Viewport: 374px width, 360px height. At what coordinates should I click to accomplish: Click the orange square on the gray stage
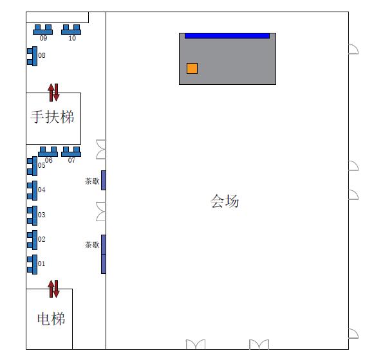tap(192, 68)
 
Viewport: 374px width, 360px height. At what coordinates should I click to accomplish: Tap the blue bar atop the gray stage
tap(227, 36)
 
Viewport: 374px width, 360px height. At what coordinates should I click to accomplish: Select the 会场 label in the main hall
tap(225, 201)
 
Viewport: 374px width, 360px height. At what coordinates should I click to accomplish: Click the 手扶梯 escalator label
tap(52, 117)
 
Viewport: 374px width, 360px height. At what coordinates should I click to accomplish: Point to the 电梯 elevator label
tap(51, 319)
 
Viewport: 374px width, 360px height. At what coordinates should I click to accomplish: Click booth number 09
tap(42, 30)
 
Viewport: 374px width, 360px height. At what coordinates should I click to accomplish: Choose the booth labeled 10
tap(71, 30)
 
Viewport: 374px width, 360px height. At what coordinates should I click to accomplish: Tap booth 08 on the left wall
tap(32, 56)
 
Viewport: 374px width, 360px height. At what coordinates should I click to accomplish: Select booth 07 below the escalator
tap(71, 152)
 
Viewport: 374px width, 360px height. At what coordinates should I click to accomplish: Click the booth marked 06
tap(48, 152)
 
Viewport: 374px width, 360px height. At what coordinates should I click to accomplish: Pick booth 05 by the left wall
tap(32, 166)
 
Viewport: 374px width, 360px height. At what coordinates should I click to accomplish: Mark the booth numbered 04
tap(32, 190)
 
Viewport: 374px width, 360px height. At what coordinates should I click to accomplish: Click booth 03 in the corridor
tap(32, 215)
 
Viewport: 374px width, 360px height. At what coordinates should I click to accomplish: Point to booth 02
tap(32, 240)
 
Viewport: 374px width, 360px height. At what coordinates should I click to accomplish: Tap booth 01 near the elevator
tap(32, 265)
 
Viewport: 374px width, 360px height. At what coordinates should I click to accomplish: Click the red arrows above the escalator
tap(53, 93)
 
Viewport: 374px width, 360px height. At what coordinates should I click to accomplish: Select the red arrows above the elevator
tap(53, 289)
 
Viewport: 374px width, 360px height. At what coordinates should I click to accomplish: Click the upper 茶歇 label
tap(92, 181)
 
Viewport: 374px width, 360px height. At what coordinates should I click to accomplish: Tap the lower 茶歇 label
tap(92, 245)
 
